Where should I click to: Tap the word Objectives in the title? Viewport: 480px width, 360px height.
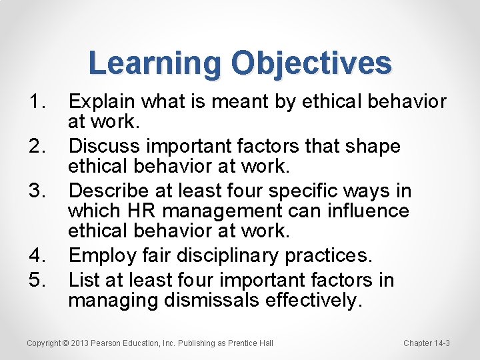(311, 64)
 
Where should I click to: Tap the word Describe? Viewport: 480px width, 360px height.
(109, 191)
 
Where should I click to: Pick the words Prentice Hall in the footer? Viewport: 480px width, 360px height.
(250, 343)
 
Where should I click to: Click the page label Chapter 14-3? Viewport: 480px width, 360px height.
(427, 343)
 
